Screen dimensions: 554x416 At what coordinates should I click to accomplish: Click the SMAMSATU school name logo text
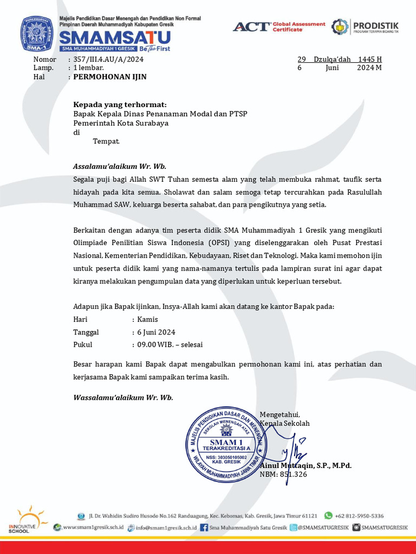coord(114,37)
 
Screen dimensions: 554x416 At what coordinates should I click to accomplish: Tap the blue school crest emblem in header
coord(37,34)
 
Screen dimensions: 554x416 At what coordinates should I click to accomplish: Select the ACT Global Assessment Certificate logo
coord(279,27)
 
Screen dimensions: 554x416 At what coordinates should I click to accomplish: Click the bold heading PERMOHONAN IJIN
coord(110,77)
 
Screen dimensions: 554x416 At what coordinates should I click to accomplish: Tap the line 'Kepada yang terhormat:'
coord(120,104)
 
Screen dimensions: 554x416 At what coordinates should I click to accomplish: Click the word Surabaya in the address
coord(152,123)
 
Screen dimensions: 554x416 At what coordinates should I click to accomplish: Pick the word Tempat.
coord(106,141)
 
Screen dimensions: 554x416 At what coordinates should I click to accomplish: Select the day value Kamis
coord(148,319)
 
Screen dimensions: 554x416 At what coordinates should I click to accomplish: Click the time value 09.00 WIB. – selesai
coord(170,344)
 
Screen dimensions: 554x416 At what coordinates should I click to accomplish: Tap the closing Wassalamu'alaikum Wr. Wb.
coord(123,397)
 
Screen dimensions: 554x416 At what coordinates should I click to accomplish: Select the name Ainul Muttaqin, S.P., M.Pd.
coord(306,465)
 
